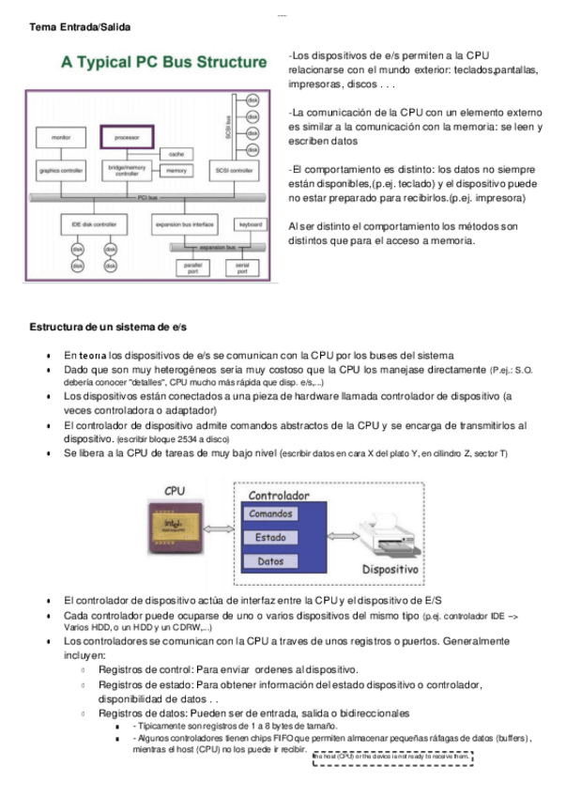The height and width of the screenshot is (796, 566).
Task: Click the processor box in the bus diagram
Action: pos(127,137)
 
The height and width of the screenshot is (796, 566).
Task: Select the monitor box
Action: pos(61,137)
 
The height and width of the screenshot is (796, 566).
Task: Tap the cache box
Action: pos(176,154)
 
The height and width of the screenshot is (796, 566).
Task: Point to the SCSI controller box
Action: pos(230,171)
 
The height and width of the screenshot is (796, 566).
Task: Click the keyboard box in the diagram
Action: pos(250,225)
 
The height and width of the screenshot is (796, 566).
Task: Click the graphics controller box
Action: pos(61,171)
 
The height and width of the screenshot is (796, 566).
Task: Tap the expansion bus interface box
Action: pos(183,225)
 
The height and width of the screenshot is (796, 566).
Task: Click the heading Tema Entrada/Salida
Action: pos(80,28)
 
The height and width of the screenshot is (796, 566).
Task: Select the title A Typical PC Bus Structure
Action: pos(163,63)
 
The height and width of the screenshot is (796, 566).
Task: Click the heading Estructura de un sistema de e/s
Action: pos(108,327)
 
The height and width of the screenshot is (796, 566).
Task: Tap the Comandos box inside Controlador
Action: pos(270,513)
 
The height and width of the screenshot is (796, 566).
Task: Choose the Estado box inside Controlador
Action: pos(270,538)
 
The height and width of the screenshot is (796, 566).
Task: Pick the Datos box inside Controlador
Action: pos(270,561)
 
